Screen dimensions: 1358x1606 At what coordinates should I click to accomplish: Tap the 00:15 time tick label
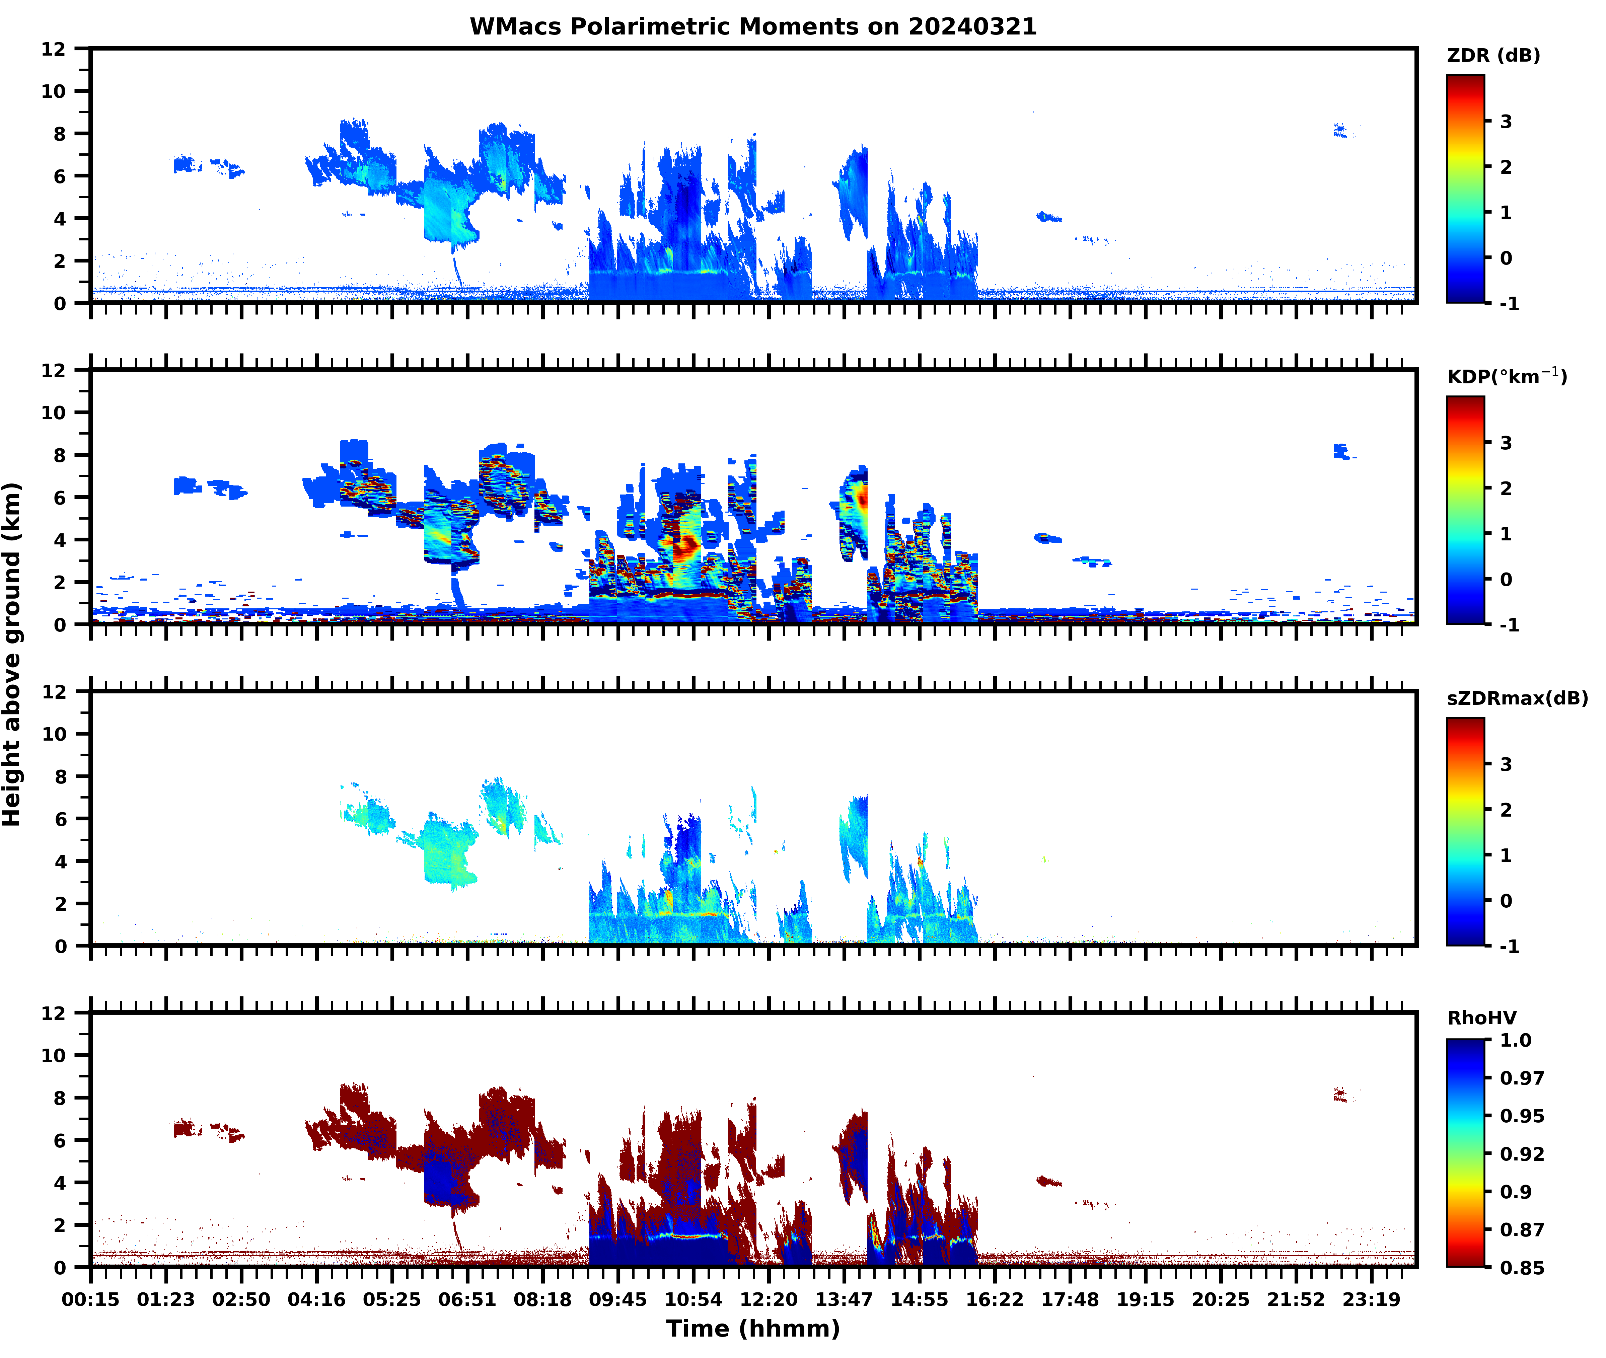[x=91, y=1299]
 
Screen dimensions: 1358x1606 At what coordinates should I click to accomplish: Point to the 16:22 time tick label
[x=995, y=1299]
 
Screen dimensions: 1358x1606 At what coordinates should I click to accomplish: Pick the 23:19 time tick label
[x=1371, y=1299]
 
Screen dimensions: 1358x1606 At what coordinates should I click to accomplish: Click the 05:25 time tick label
[x=392, y=1299]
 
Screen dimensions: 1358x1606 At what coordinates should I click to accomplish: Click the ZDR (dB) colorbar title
[x=1493, y=56]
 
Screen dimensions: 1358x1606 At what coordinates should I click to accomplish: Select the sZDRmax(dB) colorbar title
[x=1517, y=698]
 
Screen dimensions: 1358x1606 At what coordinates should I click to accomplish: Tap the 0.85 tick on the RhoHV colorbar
[x=1521, y=1267]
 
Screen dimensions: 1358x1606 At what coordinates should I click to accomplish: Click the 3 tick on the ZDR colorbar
[x=1506, y=122]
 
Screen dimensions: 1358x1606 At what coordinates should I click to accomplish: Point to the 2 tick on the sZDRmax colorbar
[x=1506, y=810]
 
